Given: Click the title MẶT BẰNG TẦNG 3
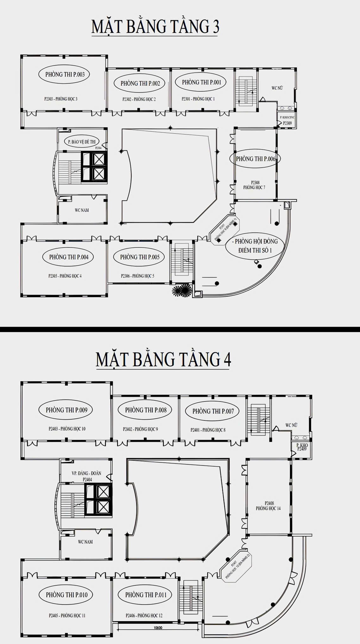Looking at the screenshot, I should tap(155, 26).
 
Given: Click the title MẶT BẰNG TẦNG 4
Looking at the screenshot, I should tap(163, 359).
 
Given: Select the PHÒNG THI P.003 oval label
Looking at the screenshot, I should tap(65, 74).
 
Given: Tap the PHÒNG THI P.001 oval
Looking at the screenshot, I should tap(201, 82).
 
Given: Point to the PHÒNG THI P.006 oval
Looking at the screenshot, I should tap(256, 159).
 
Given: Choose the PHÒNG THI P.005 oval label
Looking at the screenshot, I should tap(140, 257).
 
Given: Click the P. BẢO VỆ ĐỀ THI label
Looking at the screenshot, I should tap(82, 142).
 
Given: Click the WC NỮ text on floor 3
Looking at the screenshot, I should tap(277, 88).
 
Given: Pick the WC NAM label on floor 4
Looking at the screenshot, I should tap(85, 542).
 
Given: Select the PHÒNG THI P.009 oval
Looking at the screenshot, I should tap(66, 410).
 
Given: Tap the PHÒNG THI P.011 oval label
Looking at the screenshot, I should tap(146, 595).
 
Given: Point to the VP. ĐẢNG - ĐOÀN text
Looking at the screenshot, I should tap(86, 473).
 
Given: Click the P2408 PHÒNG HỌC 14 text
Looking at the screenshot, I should tap(268, 506).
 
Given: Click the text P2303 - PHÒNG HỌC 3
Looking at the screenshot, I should tap(61, 99).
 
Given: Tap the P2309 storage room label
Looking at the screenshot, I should tap(287, 123).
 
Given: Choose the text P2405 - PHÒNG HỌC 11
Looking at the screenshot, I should tap(67, 616).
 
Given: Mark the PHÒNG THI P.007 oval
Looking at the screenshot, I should tap(213, 411).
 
